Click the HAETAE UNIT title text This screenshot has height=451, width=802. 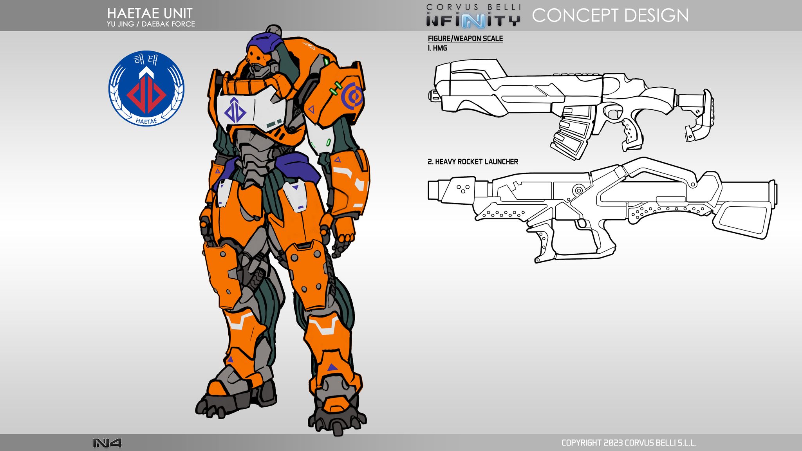click(150, 13)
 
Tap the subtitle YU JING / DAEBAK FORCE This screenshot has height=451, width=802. click(151, 24)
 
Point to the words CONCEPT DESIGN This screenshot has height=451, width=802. click(610, 16)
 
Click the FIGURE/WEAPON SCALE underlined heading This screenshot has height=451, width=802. click(465, 38)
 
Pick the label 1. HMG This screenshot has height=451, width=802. click(437, 48)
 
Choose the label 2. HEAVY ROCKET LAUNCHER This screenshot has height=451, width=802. click(473, 162)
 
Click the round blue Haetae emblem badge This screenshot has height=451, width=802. click(146, 88)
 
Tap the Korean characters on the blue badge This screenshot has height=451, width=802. click(146, 60)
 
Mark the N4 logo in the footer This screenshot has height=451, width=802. click(107, 443)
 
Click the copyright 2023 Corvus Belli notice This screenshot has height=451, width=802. click(629, 443)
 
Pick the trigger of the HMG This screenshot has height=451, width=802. click(614, 113)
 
